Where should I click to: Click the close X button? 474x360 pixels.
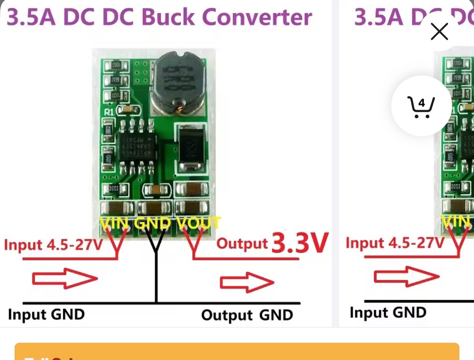point(439,32)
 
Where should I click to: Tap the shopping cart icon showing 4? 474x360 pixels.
point(421,106)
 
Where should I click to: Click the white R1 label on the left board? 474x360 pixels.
point(109,112)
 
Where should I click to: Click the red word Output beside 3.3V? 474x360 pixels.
point(242,243)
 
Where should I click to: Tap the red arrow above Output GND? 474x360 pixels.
point(247,282)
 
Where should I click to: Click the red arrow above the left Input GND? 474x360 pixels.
point(65,279)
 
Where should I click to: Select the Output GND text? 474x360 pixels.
point(247,315)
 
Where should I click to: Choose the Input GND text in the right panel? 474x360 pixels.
point(388,313)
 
